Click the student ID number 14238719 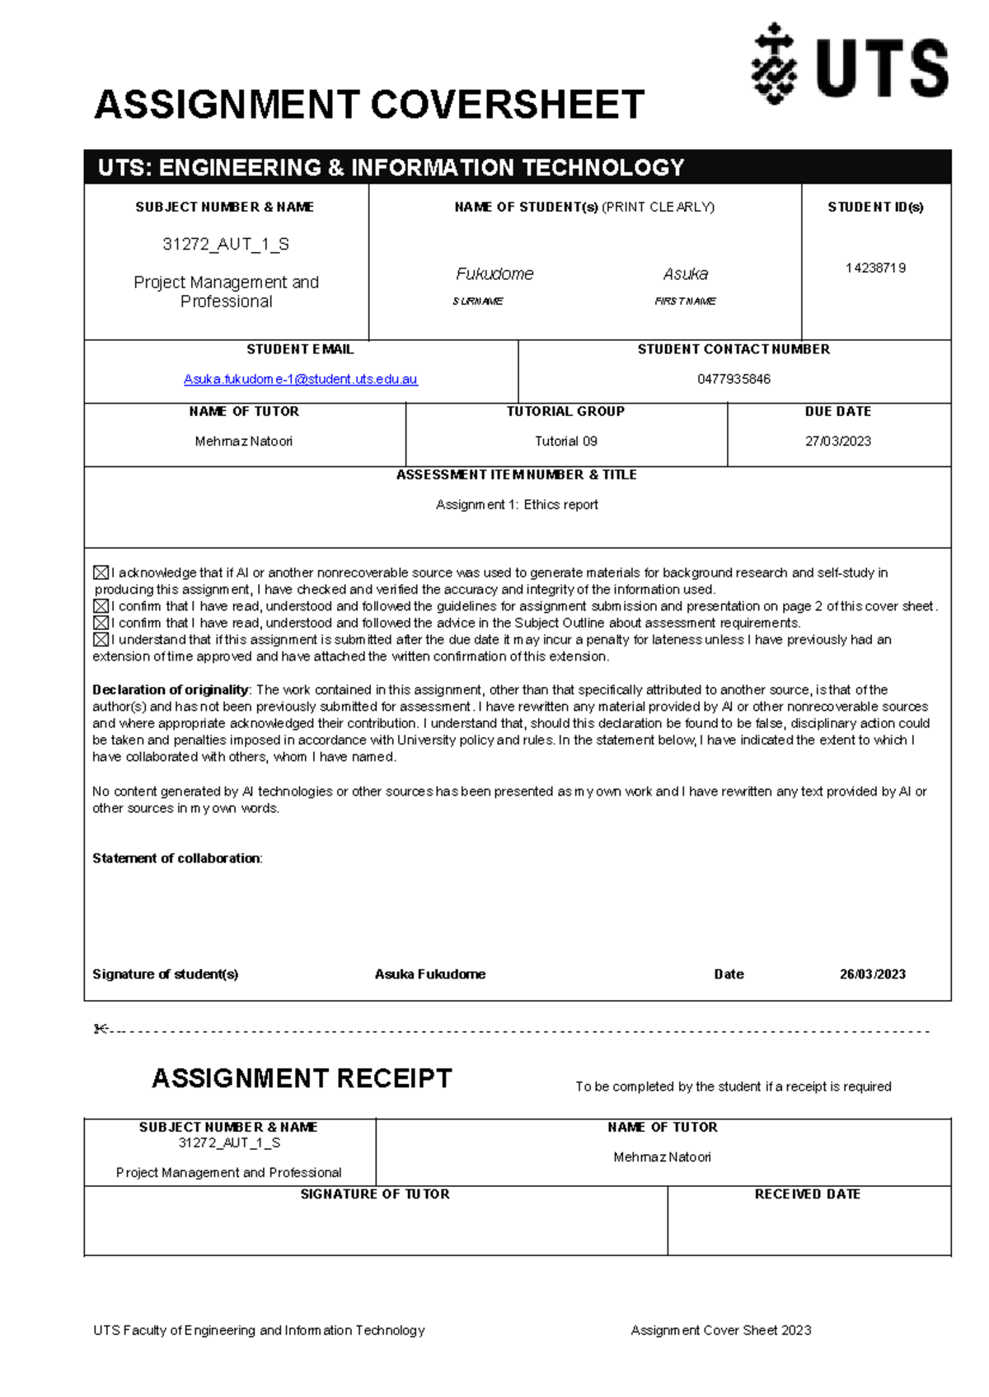(875, 268)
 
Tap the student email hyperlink (300, 379)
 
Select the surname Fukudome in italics (494, 273)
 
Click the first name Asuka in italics (685, 273)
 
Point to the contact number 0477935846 (734, 379)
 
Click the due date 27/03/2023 (837, 441)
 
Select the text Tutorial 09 (565, 441)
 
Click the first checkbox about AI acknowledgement (101, 572)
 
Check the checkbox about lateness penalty (101, 640)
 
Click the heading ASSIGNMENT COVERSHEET (368, 105)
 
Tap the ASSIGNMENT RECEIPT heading (302, 1078)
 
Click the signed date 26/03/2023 (872, 974)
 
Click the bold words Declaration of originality (170, 689)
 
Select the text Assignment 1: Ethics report (517, 504)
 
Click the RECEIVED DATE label (807, 1194)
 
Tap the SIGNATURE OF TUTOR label (375, 1194)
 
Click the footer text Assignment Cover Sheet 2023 (720, 1329)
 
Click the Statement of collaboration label (176, 857)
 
